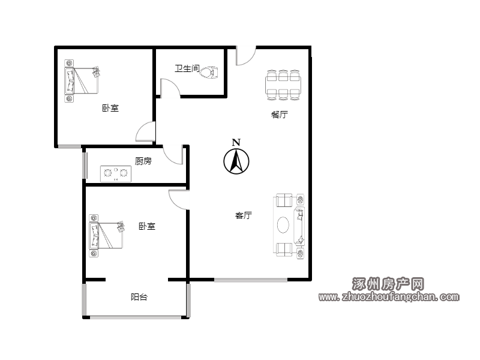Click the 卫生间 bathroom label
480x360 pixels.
point(187,68)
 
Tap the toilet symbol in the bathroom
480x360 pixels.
point(209,72)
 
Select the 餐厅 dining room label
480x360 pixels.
point(279,115)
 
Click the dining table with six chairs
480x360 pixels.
point(283,85)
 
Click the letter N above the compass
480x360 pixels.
point(236,142)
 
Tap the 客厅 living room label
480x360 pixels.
point(244,215)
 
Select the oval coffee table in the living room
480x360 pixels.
point(283,225)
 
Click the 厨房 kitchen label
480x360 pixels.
point(143,161)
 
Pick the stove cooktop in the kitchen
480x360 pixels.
point(116,173)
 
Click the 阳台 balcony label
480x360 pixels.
point(139,296)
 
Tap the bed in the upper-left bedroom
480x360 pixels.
point(82,80)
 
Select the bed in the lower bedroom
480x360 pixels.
point(107,235)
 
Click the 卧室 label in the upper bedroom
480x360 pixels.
point(110,108)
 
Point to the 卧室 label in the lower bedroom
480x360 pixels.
point(147,226)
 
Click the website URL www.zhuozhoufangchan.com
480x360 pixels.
point(389,296)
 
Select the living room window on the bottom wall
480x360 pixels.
point(251,280)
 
